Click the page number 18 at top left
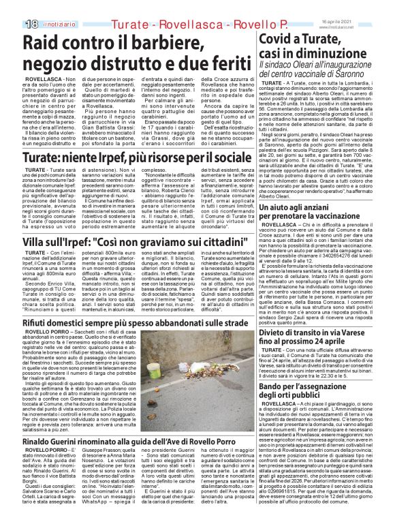coord(12,6)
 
